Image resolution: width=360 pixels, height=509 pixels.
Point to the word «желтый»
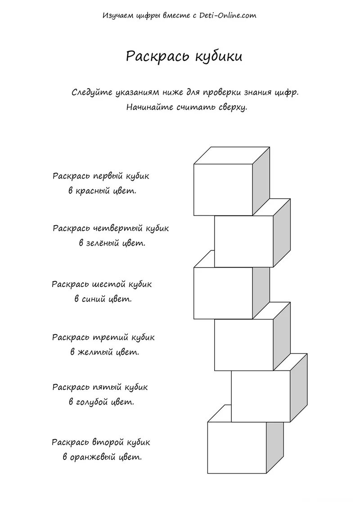[x=95, y=352]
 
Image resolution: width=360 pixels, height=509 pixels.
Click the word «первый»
[x=108, y=176]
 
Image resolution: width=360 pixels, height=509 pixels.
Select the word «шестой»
[x=109, y=284]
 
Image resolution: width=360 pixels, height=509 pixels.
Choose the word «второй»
[x=108, y=442]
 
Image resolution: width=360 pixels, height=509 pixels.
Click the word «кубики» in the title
[x=219, y=57]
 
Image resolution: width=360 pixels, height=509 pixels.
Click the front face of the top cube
[x=223, y=190]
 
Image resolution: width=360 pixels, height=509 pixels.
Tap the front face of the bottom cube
[x=237, y=448]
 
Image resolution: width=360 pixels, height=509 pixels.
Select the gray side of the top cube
[x=261, y=181]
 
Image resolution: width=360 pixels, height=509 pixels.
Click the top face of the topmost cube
[x=232, y=156]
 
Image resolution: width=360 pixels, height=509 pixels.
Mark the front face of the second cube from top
[x=244, y=241]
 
